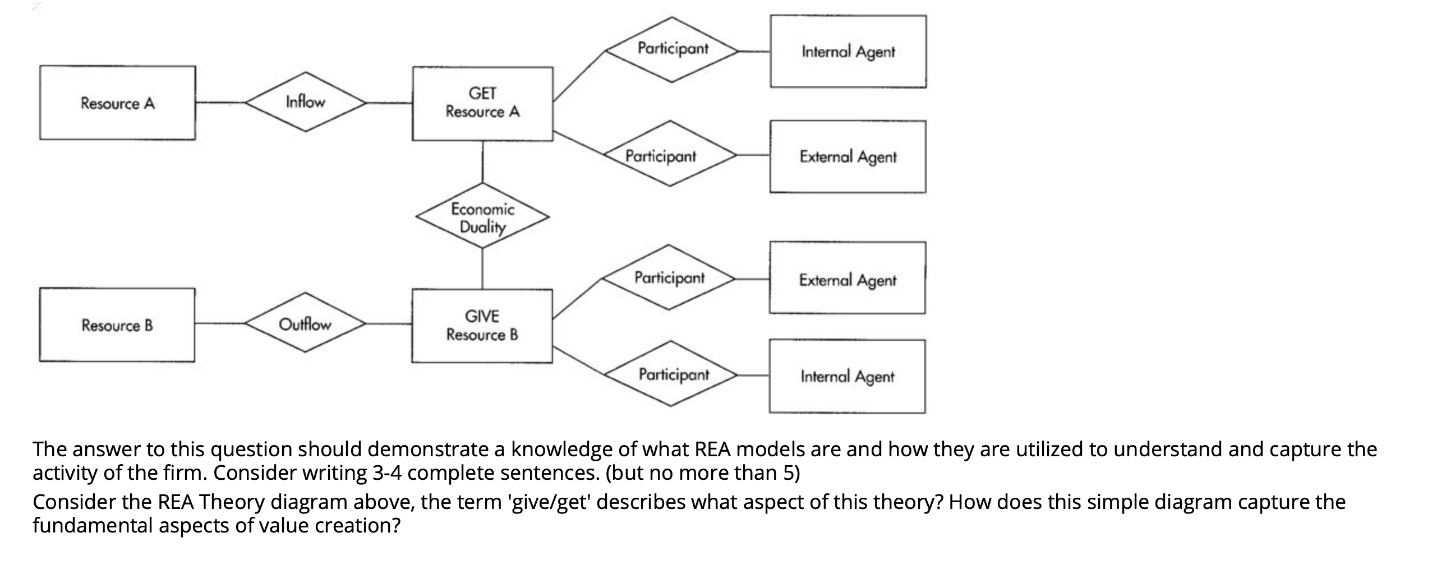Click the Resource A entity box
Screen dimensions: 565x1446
117,103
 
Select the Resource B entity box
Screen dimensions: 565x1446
117,325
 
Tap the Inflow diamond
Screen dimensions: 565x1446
305,102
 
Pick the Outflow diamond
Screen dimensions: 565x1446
305,323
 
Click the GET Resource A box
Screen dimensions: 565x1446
482,103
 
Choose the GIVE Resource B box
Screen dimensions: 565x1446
482,326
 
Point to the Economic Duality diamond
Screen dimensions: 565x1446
482,216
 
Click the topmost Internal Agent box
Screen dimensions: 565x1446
848,52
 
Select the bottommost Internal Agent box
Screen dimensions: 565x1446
847,377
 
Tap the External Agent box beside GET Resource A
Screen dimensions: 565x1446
848,156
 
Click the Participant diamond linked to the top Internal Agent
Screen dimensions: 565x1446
673,49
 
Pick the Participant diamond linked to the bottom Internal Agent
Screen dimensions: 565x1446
673,374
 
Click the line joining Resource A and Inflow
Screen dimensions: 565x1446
220,103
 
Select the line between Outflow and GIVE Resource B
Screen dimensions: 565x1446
389,324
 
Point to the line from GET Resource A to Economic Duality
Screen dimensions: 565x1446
482,161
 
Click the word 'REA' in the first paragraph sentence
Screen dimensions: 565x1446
713,450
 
